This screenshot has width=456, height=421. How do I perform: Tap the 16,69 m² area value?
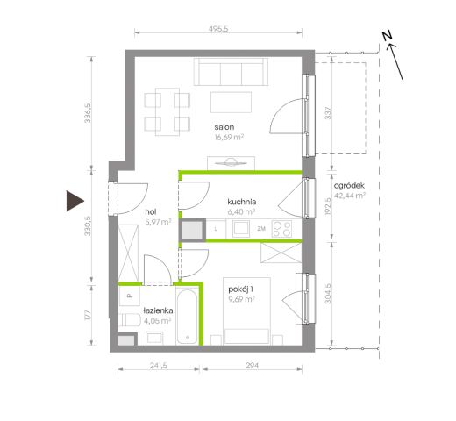(x=229, y=138)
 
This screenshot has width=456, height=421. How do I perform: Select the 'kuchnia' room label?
(x=240, y=201)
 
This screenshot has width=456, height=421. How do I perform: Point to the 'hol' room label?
(x=150, y=211)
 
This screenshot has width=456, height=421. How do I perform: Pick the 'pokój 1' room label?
(x=240, y=289)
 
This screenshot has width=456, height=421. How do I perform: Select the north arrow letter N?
(x=388, y=38)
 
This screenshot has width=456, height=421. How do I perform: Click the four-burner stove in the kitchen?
(x=282, y=230)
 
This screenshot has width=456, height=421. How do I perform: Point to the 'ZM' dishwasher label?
(x=261, y=229)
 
